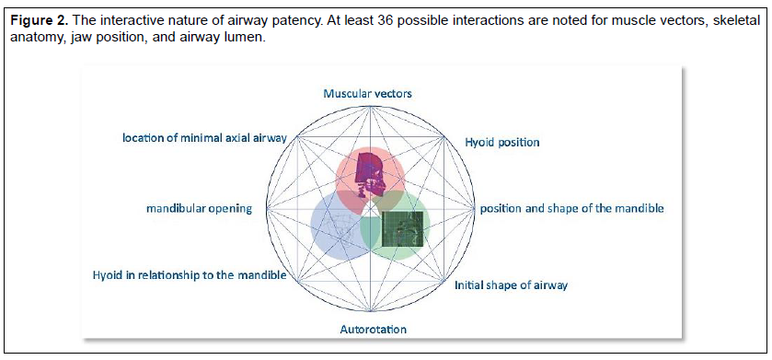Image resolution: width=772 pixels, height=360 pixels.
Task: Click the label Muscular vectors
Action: [367, 93]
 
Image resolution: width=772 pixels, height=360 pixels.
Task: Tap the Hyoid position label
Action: [502, 143]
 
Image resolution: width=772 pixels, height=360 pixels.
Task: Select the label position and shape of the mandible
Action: [572, 209]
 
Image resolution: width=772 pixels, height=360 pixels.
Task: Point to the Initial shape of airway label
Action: [511, 285]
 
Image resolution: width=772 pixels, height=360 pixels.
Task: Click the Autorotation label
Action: [374, 329]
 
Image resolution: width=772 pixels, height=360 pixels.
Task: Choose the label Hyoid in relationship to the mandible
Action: [190, 275]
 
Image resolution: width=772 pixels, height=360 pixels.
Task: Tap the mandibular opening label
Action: [199, 209]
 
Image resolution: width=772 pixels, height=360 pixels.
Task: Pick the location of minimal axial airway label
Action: [204, 138]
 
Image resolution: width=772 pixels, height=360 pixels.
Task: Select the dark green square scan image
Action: [403, 229]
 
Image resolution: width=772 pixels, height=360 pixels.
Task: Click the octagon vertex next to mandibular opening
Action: [266, 208]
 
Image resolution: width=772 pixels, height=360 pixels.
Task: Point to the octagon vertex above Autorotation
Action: [370, 312]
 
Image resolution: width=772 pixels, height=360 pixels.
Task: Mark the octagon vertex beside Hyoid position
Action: [445, 138]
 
